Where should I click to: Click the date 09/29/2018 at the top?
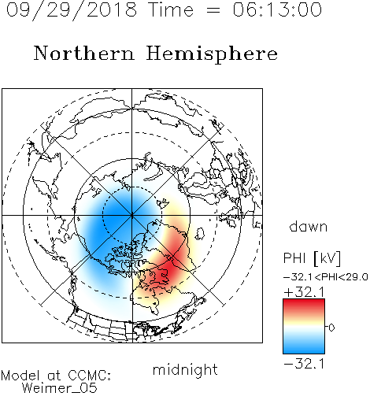pos(72,9)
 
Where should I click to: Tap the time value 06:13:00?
pos(277,9)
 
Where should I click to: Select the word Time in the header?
pos(171,9)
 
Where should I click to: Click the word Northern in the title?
pos(84,53)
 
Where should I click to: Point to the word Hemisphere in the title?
pos(212,54)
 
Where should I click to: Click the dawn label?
pos(309,226)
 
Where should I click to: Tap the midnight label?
pos(185,370)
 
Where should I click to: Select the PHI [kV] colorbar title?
pos(312,258)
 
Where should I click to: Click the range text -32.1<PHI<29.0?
pos(326,277)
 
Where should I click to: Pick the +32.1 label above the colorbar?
pos(304,292)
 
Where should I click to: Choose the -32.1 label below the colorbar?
pos(304,364)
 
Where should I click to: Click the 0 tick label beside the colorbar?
pos(331,328)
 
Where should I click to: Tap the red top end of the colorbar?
pos(304,301)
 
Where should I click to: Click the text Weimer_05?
pos(60,388)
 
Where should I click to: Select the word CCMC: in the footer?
pos(90,376)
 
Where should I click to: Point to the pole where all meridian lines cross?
pos(132,216)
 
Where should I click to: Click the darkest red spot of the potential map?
pos(169,270)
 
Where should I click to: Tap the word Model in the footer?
pos(20,376)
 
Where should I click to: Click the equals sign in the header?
pos(213,10)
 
